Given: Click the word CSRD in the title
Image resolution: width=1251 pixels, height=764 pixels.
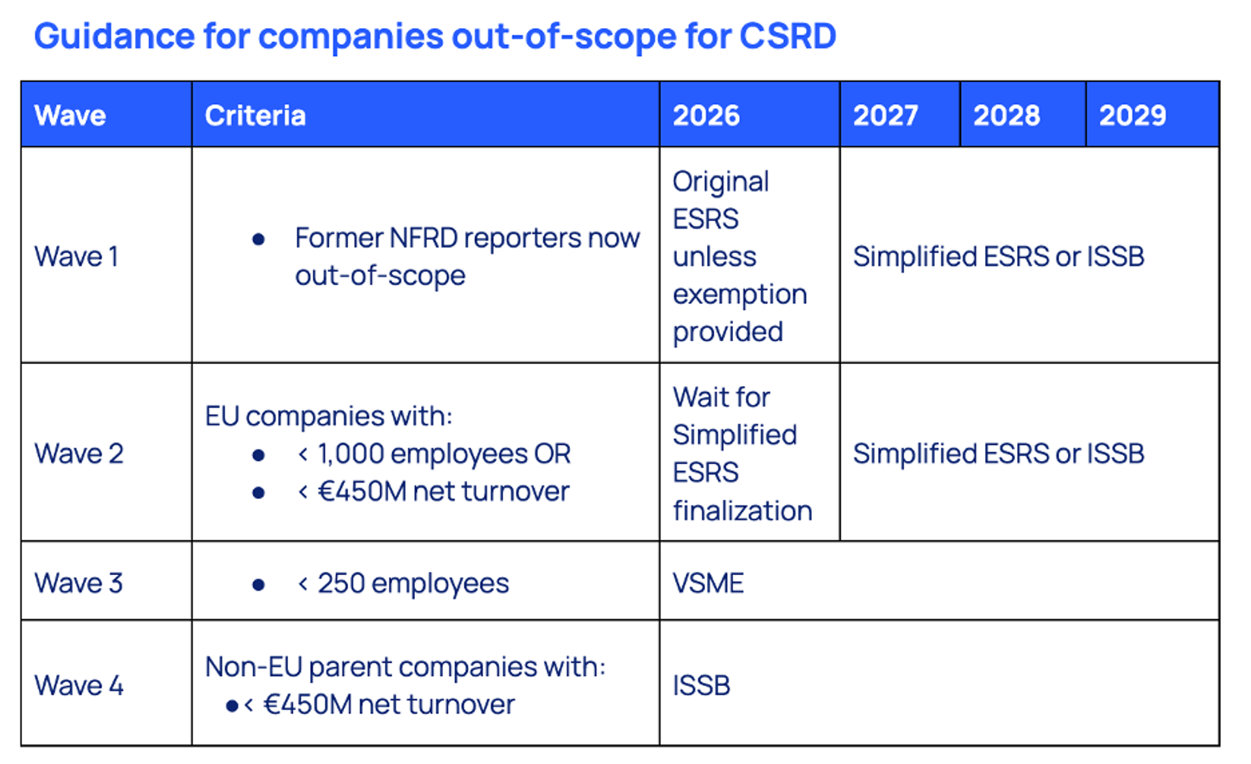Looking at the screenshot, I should (787, 36).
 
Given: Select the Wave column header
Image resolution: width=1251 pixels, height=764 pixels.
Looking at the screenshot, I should (70, 116).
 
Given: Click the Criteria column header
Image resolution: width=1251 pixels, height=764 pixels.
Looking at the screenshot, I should (255, 116).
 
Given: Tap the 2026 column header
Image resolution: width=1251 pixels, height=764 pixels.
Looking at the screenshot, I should (706, 116).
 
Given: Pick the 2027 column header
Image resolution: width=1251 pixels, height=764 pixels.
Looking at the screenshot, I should (885, 116).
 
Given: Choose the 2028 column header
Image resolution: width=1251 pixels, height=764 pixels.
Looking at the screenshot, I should (1007, 116).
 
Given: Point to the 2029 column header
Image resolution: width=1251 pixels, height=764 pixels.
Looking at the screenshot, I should (1132, 116).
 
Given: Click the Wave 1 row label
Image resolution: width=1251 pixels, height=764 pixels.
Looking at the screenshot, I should (76, 257).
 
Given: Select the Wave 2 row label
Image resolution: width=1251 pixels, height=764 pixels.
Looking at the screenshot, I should (79, 454).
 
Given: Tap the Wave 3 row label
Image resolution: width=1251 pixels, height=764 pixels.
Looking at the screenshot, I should (79, 583).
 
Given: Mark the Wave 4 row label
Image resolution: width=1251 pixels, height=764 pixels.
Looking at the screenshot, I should (79, 685).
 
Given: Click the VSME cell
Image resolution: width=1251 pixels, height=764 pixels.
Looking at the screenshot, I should (708, 583).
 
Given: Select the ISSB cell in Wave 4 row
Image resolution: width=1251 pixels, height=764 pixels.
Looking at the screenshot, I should (702, 685).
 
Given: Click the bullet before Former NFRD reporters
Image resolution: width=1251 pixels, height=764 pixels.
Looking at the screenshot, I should (258, 240).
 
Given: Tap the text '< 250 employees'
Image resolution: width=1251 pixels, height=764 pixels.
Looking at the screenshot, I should (403, 583).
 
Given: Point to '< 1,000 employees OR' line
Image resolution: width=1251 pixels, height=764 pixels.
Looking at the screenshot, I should (434, 454).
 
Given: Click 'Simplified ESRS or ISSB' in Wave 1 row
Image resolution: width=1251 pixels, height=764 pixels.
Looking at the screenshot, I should (998, 257).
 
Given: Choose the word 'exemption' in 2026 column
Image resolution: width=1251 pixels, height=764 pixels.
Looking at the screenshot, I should (740, 294).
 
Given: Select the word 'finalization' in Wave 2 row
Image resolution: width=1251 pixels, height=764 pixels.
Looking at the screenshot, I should (742, 511).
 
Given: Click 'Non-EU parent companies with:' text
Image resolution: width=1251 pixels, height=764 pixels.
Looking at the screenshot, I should (405, 667).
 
